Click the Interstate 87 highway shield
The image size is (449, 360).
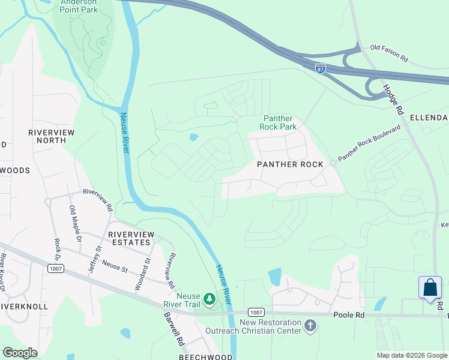coord(321,68)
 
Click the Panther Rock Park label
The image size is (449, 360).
coord(278,123)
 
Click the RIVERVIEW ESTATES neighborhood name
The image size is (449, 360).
coord(128,238)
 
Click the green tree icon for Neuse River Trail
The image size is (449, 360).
coord(209,298)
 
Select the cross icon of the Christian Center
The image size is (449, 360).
coord(310,325)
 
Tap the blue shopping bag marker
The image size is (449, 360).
coord(430,287)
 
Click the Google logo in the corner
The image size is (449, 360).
coord(20,352)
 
